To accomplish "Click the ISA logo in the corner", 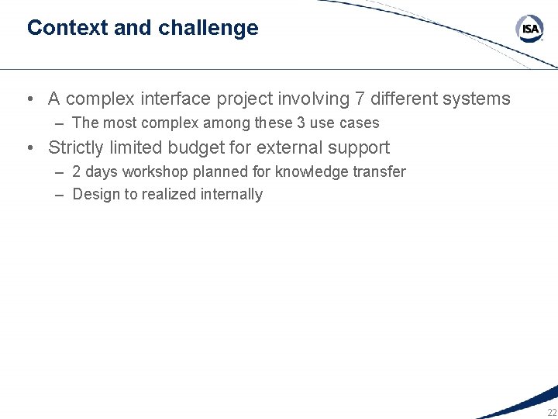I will tap(530, 29).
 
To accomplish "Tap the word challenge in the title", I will tap(208, 28).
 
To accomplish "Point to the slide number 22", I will tap(551, 412).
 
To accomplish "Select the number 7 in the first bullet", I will tap(359, 99).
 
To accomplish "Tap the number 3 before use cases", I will tap(301, 123).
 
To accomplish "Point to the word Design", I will tap(94, 195).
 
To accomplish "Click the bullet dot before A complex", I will tap(29, 99).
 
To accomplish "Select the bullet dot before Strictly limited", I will tap(29, 147).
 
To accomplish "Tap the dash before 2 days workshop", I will tap(60, 171).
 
